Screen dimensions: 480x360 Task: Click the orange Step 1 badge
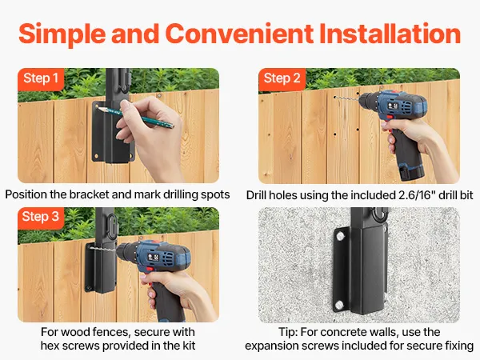click(41, 79)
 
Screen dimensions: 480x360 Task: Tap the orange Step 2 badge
click(282, 79)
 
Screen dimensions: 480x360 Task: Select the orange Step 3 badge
click(41, 218)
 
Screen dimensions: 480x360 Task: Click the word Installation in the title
click(390, 34)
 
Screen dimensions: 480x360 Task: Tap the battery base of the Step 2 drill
click(411, 172)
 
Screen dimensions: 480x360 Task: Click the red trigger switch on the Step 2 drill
click(390, 118)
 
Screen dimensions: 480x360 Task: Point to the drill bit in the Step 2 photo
click(346, 98)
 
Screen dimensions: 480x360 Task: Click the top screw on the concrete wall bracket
click(341, 236)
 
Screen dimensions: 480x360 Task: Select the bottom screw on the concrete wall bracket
click(339, 305)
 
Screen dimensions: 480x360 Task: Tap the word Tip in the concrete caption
click(288, 332)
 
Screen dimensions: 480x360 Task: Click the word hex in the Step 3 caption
click(50, 346)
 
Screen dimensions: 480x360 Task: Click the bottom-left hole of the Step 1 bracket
click(97, 155)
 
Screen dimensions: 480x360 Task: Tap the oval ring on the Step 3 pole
click(112, 224)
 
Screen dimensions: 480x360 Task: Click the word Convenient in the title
click(239, 34)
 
